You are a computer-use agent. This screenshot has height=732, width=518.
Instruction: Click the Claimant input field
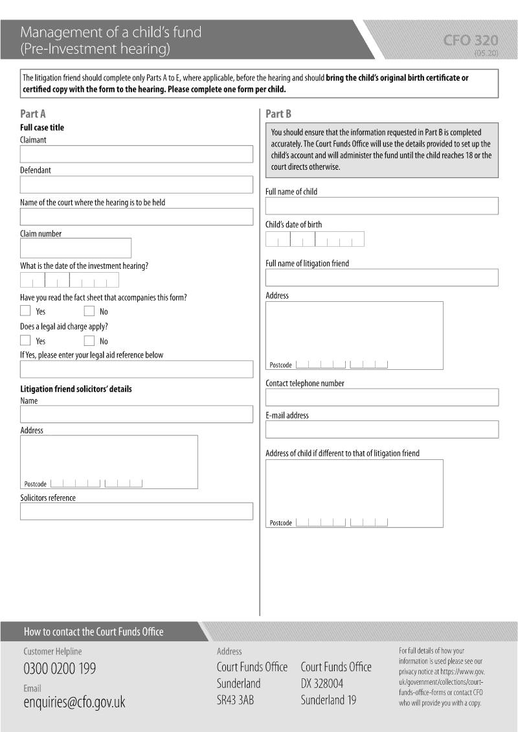pyautogui.click(x=136, y=154)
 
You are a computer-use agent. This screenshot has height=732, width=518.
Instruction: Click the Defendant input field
pyautogui.click(x=136, y=185)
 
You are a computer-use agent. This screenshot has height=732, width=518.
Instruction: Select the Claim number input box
pyautogui.click(x=76, y=248)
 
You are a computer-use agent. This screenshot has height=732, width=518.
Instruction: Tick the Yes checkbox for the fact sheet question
pyautogui.click(x=25, y=311)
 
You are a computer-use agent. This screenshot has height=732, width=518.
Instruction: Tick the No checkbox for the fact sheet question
pyautogui.click(x=89, y=311)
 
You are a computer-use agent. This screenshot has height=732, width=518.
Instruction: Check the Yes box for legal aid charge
pyautogui.click(x=25, y=341)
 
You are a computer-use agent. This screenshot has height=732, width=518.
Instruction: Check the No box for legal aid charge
pyautogui.click(x=89, y=341)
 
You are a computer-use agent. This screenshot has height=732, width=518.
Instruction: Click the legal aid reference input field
pyautogui.click(x=136, y=369)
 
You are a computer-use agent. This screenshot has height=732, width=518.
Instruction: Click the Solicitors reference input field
pyautogui.click(x=136, y=511)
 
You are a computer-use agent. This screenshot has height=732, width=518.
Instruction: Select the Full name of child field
pyautogui.click(x=381, y=206)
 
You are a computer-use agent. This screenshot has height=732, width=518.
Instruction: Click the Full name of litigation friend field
pyautogui.click(x=381, y=277)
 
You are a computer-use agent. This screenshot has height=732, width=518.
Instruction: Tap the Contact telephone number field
pyautogui.click(x=381, y=397)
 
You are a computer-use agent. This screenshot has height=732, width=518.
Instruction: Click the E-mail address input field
pyautogui.click(x=381, y=429)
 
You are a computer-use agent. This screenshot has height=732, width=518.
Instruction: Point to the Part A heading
pyautogui.click(x=33, y=114)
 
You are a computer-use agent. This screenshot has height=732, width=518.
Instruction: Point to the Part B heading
pyautogui.click(x=278, y=114)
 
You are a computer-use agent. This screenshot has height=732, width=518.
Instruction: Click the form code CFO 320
pyautogui.click(x=471, y=41)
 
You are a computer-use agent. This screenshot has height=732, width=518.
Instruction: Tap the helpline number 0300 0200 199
pyautogui.click(x=60, y=669)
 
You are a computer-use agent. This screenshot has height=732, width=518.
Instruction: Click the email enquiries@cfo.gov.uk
pyautogui.click(x=74, y=702)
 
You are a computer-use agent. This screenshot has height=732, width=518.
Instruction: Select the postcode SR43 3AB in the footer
pyautogui.click(x=235, y=700)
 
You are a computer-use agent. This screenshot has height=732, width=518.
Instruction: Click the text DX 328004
pyautogui.click(x=322, y=683)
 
